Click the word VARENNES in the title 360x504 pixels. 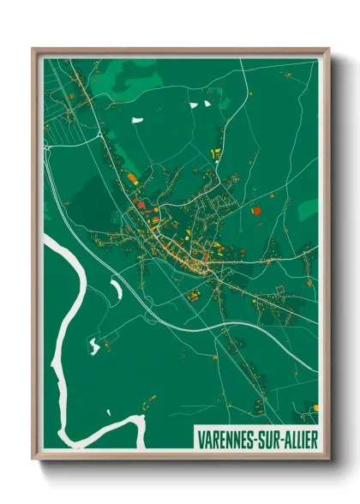point(225,436)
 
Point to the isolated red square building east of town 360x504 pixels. point(255,209)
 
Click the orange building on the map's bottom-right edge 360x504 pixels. point(315,406)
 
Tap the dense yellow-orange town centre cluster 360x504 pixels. point(184,254)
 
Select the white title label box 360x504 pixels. point(255,436)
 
